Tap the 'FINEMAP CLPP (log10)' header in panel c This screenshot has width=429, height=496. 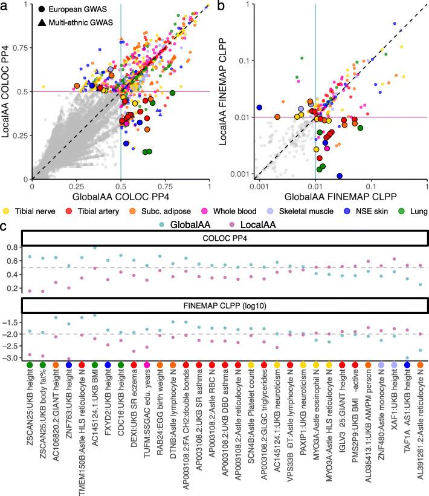(224, 306)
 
